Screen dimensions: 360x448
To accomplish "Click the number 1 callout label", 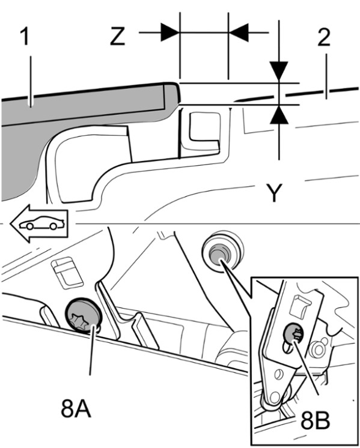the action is tap(25, 37).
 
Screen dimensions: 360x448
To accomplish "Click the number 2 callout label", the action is tap(324, 37).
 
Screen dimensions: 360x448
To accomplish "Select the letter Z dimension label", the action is tap(118, 37).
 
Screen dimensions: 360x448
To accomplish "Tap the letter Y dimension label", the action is tap(274, 193).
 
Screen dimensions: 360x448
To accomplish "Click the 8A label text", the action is tap(76, 409).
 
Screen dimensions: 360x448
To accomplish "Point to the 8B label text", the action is tap(315, 420).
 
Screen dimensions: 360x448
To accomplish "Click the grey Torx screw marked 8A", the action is tap(83, 315).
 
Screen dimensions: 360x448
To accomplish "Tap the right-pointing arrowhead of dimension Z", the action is tap(170, 32).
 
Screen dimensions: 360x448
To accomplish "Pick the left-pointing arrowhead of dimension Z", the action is tap(239, 32).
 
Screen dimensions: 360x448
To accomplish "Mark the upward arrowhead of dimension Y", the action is tap(279, 115).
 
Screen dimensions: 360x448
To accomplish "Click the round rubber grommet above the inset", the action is tap(222, 252).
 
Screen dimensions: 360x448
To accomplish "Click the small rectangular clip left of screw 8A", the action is tap(67, 271).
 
